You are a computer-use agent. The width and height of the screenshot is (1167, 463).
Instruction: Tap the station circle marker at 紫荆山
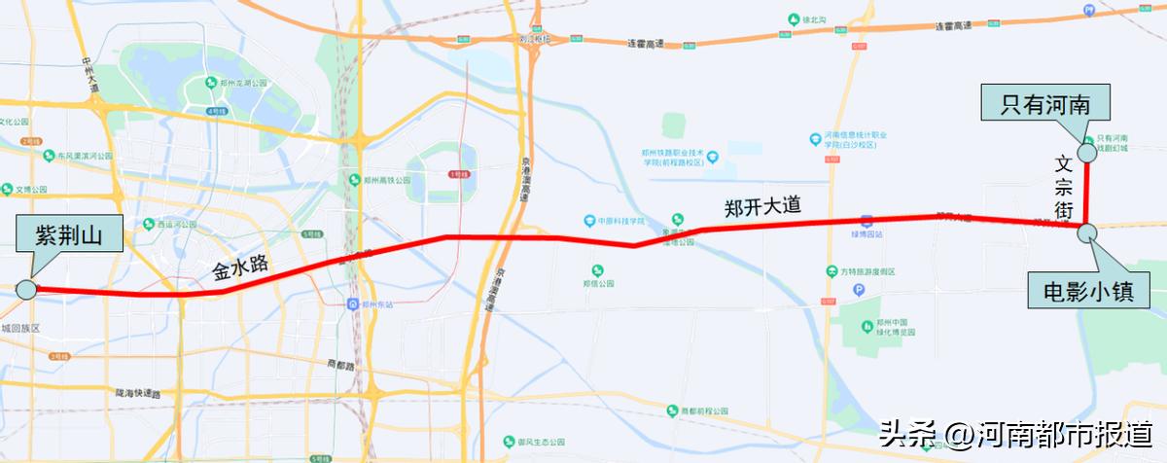26,289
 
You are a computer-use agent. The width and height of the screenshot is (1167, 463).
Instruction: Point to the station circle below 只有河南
1086,153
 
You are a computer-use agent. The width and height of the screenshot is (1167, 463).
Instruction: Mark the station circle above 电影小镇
1086,231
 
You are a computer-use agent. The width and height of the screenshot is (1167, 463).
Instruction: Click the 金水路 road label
240,269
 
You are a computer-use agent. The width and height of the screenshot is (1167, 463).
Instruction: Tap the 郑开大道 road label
762,206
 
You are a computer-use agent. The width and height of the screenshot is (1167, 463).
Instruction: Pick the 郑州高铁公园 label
375,180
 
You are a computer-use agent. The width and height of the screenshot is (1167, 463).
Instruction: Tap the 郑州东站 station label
377,303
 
